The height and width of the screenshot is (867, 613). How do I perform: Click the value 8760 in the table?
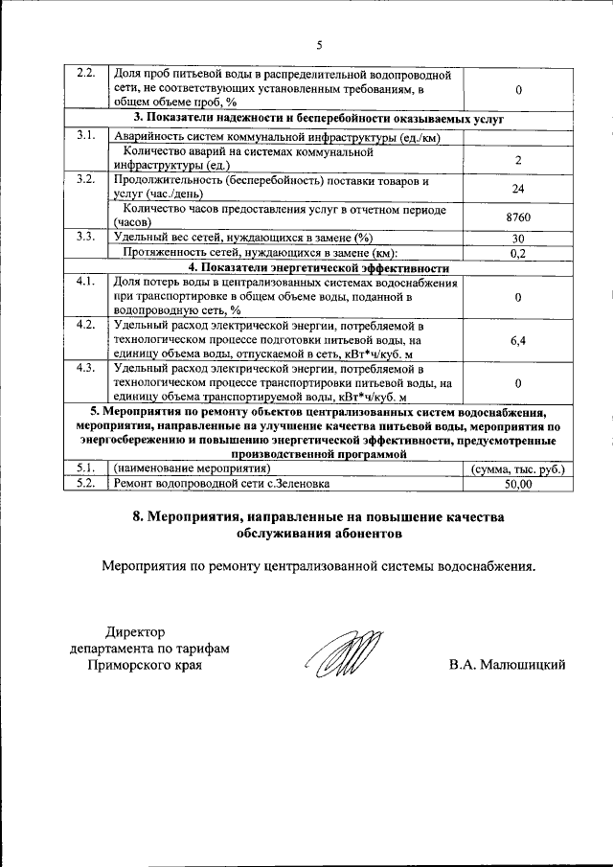(x=517, y=217)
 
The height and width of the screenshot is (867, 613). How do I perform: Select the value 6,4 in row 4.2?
(x=517, y=340)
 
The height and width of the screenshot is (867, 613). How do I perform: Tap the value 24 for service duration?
(x=517, y=189)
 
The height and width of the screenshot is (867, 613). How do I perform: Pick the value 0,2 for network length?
(x=517, y=253)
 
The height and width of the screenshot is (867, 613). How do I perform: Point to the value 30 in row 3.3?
(x=517, y=239)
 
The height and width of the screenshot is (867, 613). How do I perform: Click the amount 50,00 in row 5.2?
(x=517, y=485)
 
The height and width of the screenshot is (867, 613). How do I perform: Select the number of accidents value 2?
(x=517, y=160)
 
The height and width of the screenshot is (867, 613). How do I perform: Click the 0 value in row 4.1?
(x=517, y=297)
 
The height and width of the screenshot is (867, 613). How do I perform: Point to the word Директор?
(x=135, y=632)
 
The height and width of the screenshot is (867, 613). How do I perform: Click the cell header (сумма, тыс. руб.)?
(x=517, y=469)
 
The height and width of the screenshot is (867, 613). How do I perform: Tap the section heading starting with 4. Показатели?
(x=319, y=267)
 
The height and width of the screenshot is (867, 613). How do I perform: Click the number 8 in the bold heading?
(x=138, y=517)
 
